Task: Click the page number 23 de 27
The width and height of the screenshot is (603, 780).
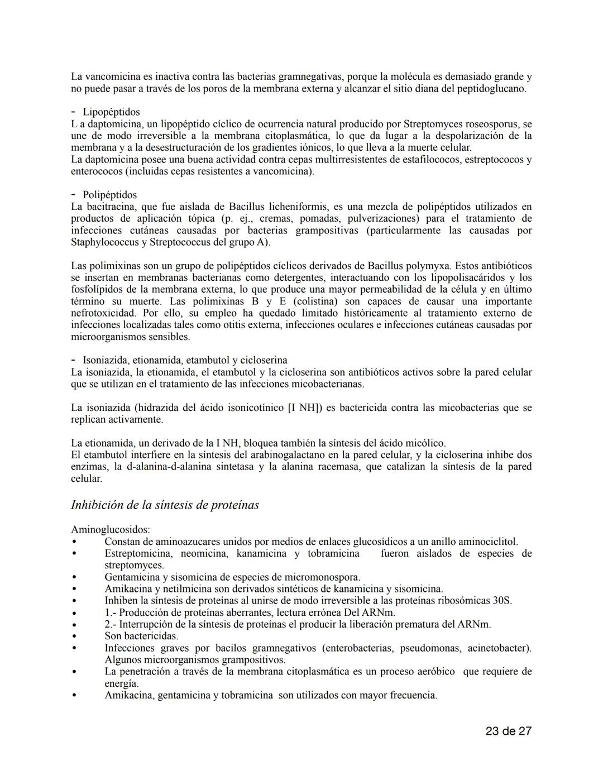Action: [x=508, y=731]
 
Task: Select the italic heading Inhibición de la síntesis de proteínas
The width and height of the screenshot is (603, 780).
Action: [x=165, y=505]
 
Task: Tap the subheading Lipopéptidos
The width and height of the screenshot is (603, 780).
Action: [x=111, y=112]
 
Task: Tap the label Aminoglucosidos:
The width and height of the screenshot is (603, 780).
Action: [x=111, y=529]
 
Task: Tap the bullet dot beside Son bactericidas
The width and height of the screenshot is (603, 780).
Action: [x=73, y=636]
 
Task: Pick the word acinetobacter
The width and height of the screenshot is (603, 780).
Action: [x=497, y=648]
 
